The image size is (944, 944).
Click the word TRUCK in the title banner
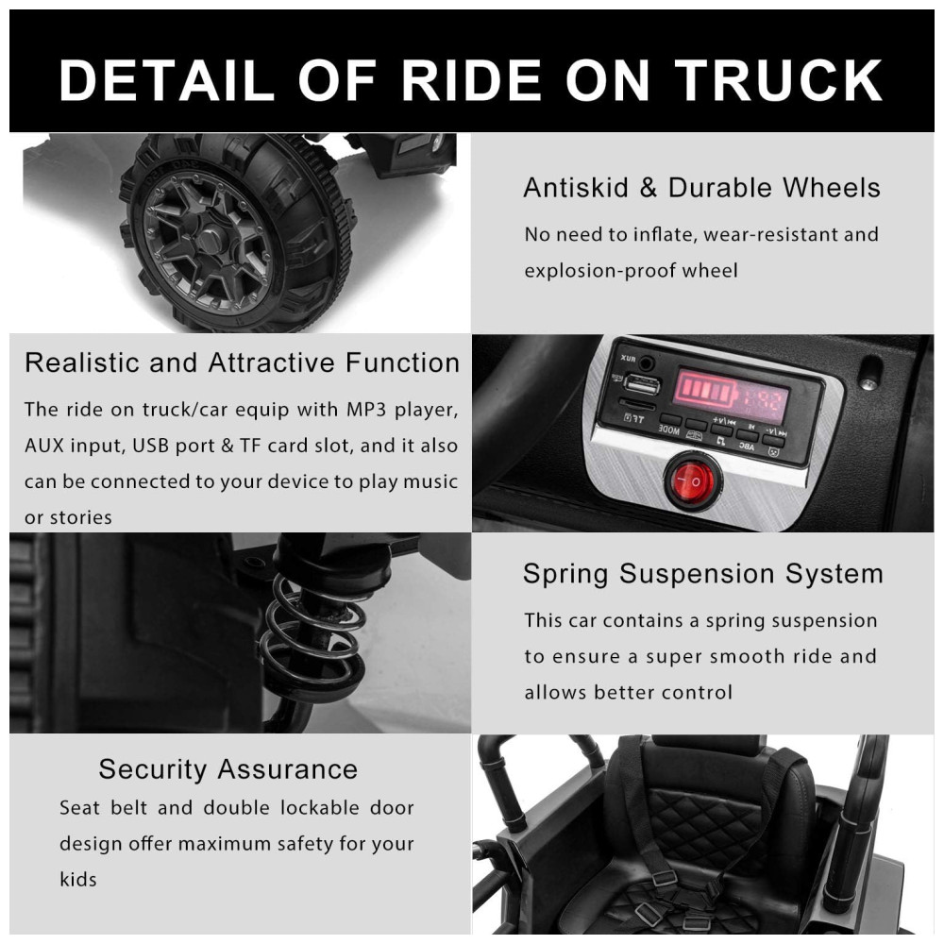click(x=779, y=80)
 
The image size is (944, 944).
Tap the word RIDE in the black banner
click(x=471, y=80)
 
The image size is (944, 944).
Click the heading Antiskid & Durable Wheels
click(x=701, y=188)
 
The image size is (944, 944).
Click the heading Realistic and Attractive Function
click(x=242, y=363)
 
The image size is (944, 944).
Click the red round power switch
click(x=692, y=481)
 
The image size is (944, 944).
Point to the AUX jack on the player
click(x=647, y=363)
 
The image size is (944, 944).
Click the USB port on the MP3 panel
click(x=642, y=384)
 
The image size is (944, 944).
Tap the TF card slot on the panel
click(x=637, y=403)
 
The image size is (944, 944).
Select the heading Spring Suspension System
click(x=702, y=574)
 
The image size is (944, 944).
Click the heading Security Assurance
click(x=228, y=769)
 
